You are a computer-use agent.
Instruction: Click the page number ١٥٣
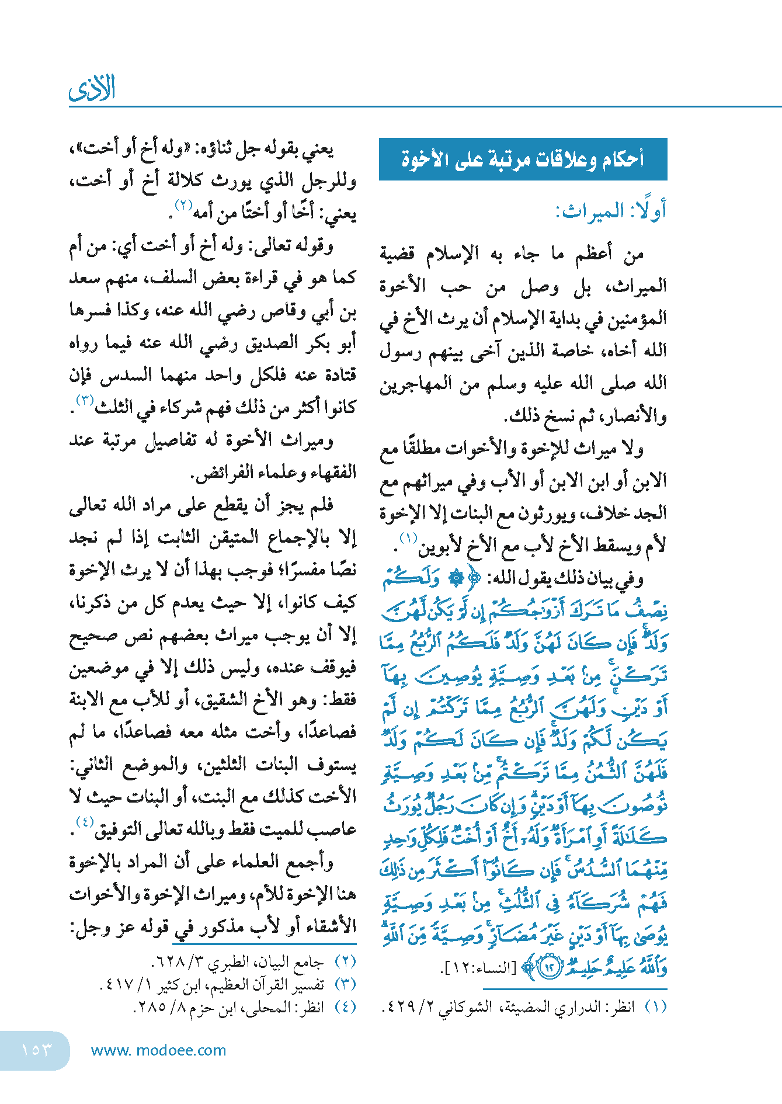[x=36, y=1050]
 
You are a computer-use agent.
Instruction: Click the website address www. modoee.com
[x=158, y=1050]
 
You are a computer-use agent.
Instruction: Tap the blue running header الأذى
[x=92, y=89]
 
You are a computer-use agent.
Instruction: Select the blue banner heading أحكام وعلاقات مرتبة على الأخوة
[x=523, y=159]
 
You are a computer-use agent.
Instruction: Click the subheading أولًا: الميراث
[x=610, y=211]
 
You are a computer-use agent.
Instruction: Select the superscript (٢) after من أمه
[x=184, y=205]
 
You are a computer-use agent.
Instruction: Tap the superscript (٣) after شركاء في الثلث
[x=85, y=400]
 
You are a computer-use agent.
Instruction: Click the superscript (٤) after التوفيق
[x=85, y=822]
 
